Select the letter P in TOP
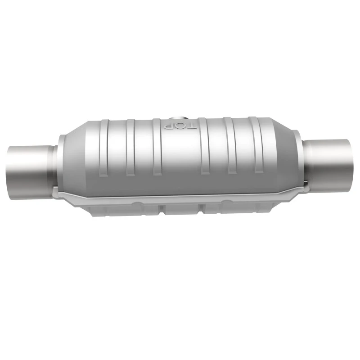point(168,126)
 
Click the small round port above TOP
point(178,119)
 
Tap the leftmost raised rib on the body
point(104,148)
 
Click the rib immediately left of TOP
point(157,147)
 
